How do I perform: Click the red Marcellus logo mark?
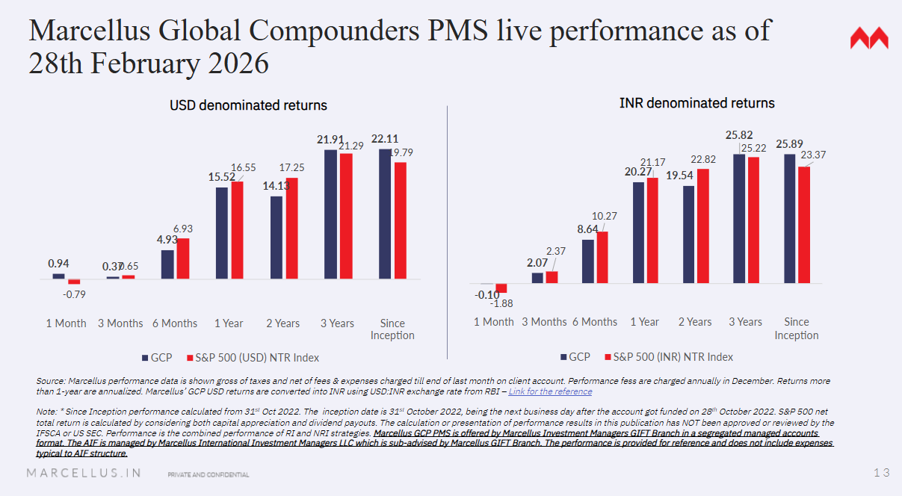point(869,39)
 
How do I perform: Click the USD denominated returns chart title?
point(248,105)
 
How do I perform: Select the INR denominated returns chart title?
point(696,103)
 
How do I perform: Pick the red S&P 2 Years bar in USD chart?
point(291,228)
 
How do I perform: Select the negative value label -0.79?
point(74,294)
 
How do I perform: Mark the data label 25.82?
point(739,135)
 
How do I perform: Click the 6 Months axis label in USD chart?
point(174,323)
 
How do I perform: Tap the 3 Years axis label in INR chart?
point(746,322)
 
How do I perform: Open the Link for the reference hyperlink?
point(550,391)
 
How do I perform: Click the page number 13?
point(881,472)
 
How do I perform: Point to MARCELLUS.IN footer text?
point(84,473)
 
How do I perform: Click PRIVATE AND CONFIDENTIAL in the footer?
point(208,474)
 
